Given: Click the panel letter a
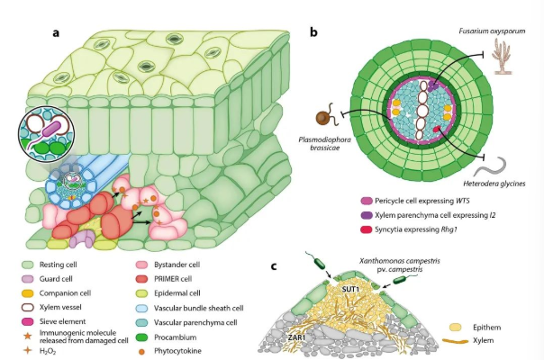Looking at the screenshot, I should point(57,33).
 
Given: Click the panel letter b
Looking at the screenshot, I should point(313,33).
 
